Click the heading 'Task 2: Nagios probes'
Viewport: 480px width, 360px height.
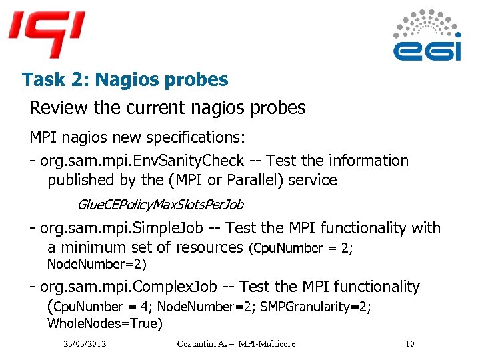pyautogui.click(x=125, y=80)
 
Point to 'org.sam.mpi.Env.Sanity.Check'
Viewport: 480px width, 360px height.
pyautogui.click(x=142, y=161)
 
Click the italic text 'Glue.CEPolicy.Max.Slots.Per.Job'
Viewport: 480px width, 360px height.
pyautogui.click(x=160, y=203)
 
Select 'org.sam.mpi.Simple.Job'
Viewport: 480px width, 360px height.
pyautogui.click(x=122, y=228)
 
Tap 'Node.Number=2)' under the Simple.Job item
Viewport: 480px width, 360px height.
pyautogui.click(x=96, y=264)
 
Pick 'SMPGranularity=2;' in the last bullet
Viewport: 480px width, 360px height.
pyautogui.click(x=315, y=307)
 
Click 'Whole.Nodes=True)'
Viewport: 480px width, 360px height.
pyautogui.click(x=104, y=323)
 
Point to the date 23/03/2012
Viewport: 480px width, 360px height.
pyautogui.click(x=85, y=344)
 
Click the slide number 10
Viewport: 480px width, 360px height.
pyautogui.click(x=409, y=344)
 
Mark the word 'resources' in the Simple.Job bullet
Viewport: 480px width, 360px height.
pyautogui.click(x=210, y=247)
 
